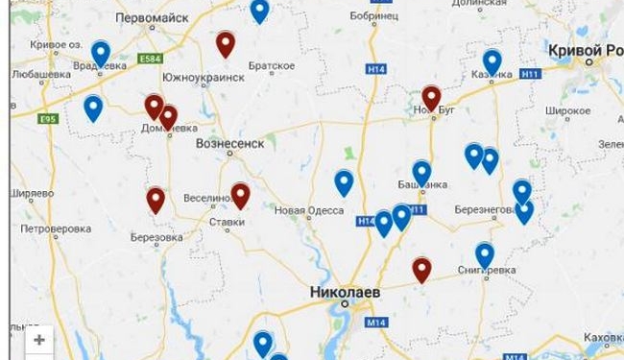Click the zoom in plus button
pyautogui.click(x=39, y=340)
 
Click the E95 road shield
pyautogui.click(x=48, y=119)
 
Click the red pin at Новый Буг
pyautogui.click(x=432, y=98)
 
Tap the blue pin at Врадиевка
pyautogui.click(x=101, y=53)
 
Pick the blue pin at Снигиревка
pyautogui.click(x=485, y=254)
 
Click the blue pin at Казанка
pyautogui.click(x=492, y=61)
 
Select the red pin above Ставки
pyautogui.click(x=240, y=196)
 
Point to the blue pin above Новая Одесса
pyautogui.click(x=344, y=182)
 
